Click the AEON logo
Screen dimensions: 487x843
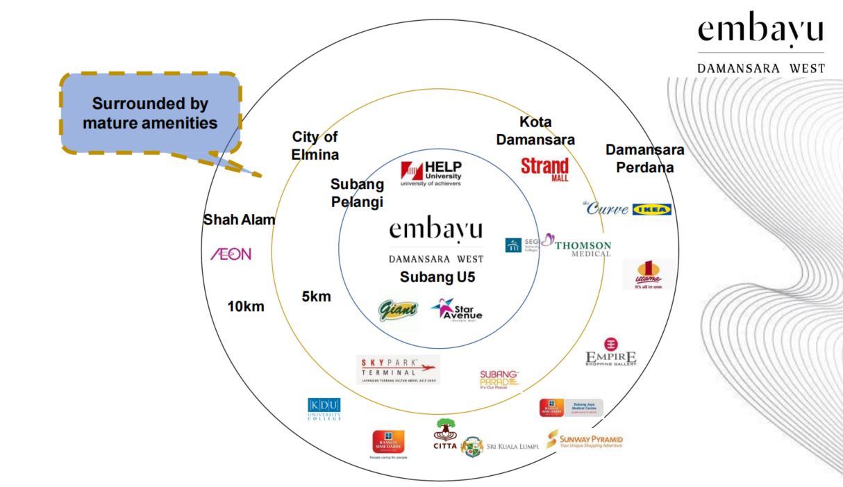(x=231, y=254)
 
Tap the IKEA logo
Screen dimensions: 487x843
(x=651, y=209)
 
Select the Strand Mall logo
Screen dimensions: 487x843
(x=545, y=169)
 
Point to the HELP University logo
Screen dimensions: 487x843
(x=431, y=174)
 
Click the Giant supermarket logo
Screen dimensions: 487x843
(x=398, y=309)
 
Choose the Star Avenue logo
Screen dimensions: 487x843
(x=456, y=310)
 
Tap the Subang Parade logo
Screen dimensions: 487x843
(x=499, y=379)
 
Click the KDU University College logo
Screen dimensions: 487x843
(x=324, y=409)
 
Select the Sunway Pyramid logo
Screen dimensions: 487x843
(x=585, y=440)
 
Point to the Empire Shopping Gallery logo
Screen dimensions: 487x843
(x=611, y=352)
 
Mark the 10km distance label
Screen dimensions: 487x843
(x=246, y=306)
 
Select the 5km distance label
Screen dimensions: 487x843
(x=316, y=297)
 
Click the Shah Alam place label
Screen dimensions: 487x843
(x=239, y=220)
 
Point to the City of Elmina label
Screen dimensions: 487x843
(x=315, y=145)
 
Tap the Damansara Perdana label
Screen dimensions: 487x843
(x=644, y=158)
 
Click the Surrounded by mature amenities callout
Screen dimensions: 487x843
(x=150, y=113)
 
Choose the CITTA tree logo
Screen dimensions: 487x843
(x=445, y=434)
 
